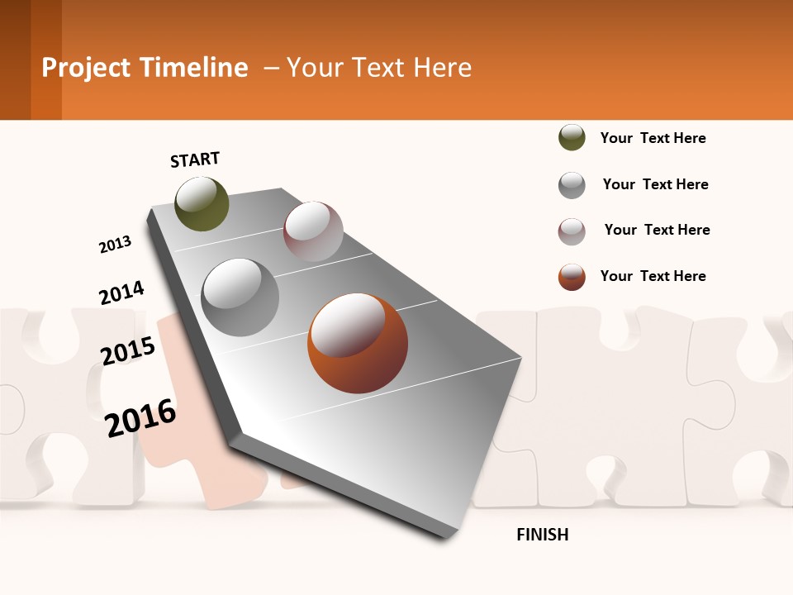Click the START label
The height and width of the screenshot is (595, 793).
(x=195, y=159)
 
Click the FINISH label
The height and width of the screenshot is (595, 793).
(x=542, y=535)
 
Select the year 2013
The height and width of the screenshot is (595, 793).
(x=115, y=245)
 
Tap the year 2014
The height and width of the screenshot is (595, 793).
(x=121, y=293)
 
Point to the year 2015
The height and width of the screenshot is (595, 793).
(x=128, y=351)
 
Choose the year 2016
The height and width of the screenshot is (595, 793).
(x=141, y=417)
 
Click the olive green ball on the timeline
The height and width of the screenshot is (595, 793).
(x=202, y=203)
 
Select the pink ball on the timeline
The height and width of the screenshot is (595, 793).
(x=313, y=231)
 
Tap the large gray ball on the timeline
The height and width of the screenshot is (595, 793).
(x=240, y=297)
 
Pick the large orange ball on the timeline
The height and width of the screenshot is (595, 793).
(x=357, y=343)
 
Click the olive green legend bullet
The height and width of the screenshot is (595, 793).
(x=572, y=138)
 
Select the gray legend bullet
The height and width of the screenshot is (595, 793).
(x=572, y=185)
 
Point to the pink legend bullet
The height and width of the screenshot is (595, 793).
(x=572, y=231)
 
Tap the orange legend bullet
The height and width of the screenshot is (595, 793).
(x=572, y=277)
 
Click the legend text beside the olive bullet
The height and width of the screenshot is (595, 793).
(x=653, y=138)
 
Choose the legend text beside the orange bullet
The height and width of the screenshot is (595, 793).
(x=653, y=276)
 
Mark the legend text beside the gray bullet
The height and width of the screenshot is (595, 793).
(x=655, y=184)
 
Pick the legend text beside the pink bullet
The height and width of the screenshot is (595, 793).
(x=657, y=230)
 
